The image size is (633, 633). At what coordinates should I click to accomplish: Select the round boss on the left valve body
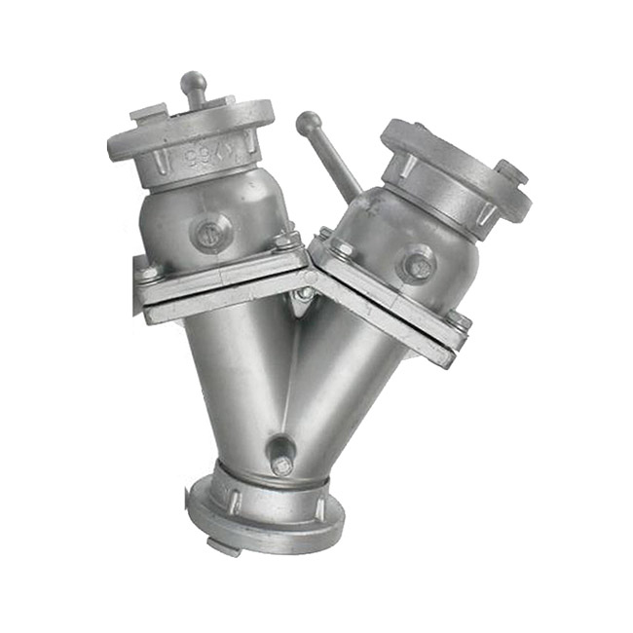(x=207, y=235)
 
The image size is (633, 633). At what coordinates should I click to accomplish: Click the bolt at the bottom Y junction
(x=281, y=464)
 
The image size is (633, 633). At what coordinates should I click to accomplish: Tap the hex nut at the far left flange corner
(x=148, y=273)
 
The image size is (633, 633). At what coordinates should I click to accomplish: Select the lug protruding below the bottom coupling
(x=224, y=546)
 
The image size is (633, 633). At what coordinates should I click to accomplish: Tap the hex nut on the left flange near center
(x=283, y=240)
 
